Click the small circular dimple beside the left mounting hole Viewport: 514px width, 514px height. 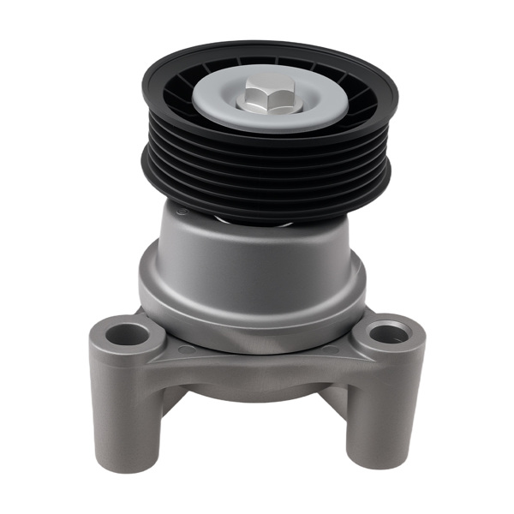point(187,350)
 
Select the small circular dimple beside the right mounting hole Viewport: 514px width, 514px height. point(331,349)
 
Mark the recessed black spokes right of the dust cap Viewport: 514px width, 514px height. point(364,103)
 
